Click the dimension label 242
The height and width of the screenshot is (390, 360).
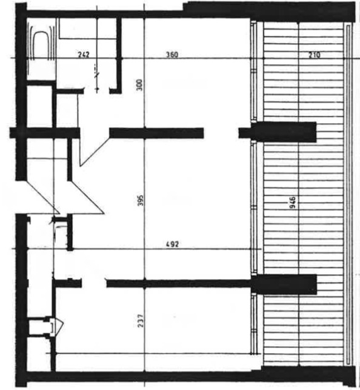click(x=84, y=55)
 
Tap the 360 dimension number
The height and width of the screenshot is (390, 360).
click(x=172, y=55)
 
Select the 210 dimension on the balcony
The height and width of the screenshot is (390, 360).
click(x=315, y=55)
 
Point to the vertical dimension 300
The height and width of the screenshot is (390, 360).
click(x=140, y=85)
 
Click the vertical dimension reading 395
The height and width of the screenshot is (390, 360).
click(x=141, y=200)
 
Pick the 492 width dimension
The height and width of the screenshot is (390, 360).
click(x=172, y=244)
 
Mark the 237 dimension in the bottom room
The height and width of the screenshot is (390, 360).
click(x=141, y=321)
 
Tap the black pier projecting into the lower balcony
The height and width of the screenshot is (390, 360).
click(x=284, y=284)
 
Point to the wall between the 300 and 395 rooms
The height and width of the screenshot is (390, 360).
click(x=156, y=133)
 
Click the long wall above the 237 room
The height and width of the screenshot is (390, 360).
click(x=178, y=283)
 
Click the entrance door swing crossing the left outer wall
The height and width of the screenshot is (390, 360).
click(x=42, y=197)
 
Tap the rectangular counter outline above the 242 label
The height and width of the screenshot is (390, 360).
click(x=88, y=29)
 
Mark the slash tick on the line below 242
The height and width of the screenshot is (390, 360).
click(x=97, y=75)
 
